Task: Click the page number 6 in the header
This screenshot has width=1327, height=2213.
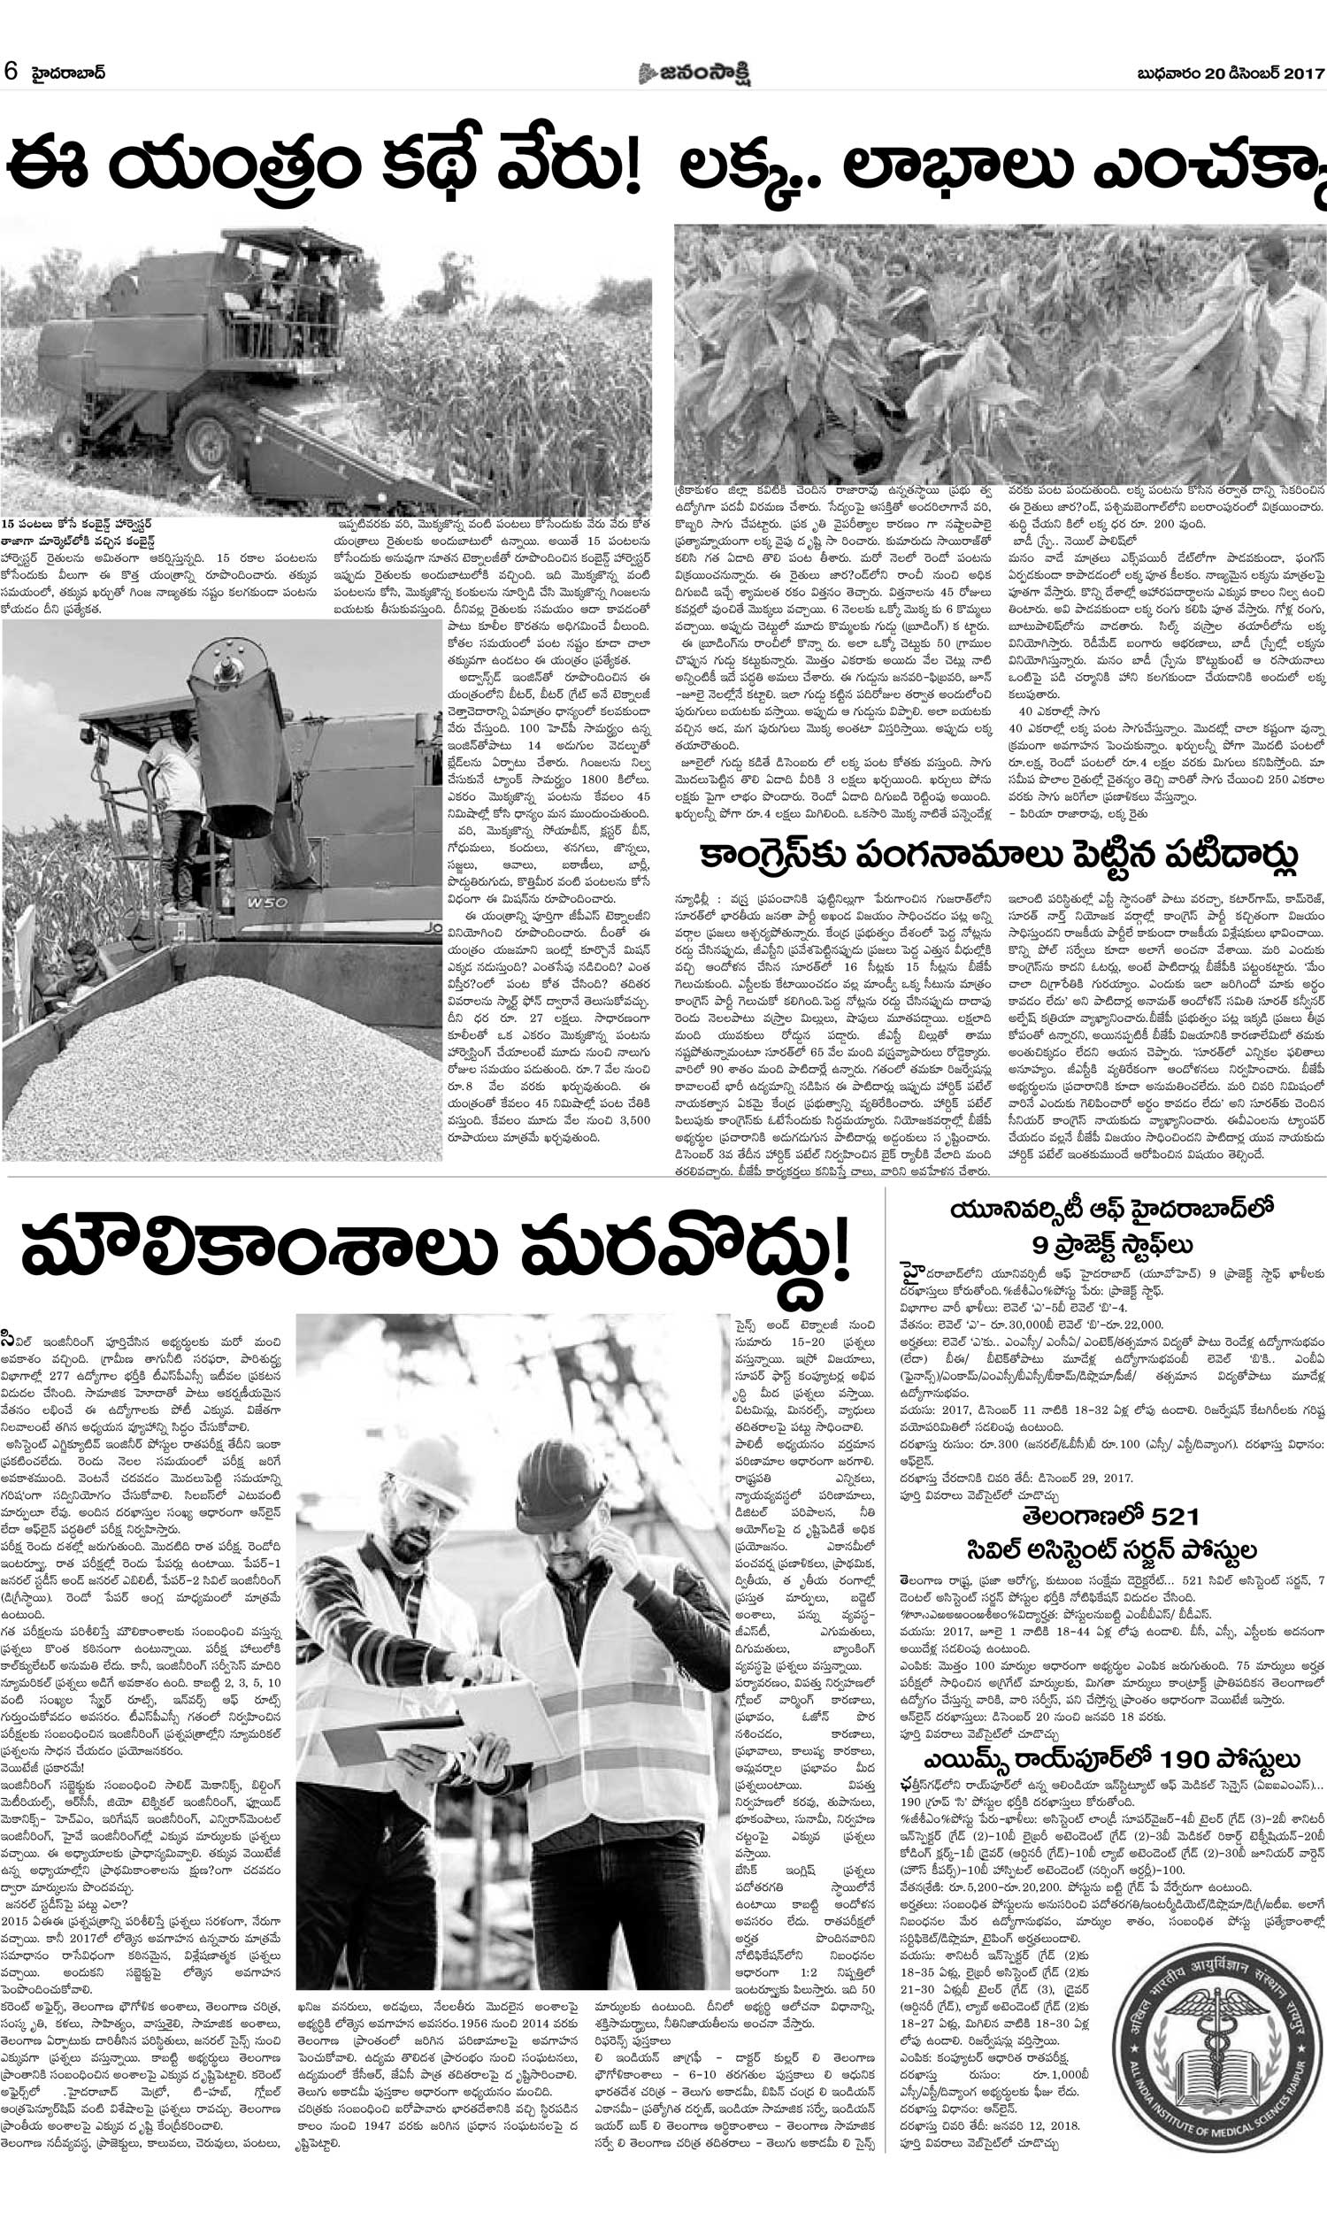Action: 12,72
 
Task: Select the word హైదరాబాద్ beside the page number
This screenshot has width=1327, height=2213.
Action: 69,73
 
